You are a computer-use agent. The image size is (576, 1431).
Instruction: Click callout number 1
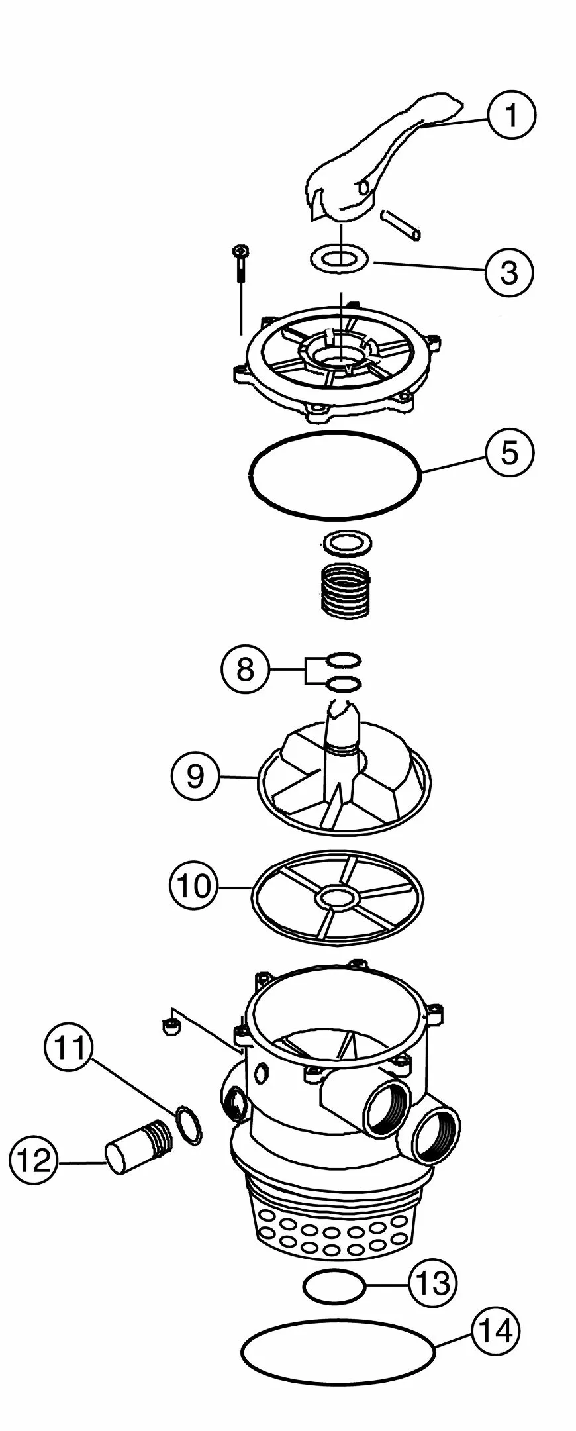click(x=510, y=115)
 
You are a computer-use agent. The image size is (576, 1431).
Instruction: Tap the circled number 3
click(x=508, y=271)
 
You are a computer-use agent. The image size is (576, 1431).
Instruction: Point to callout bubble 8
click(x=245, y=670)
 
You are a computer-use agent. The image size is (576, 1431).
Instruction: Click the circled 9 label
click(x=195, y=776)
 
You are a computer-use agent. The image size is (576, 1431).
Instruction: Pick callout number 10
click(x=193, y=885)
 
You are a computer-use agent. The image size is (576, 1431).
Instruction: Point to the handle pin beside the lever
click(x=401, y=225)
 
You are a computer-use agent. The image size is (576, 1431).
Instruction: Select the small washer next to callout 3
click(x=340, y=259)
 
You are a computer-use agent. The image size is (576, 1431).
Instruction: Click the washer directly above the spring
click(x=345, y=544)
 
